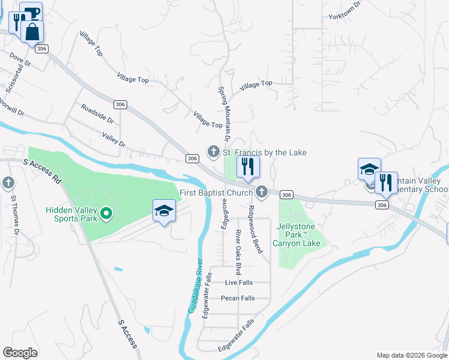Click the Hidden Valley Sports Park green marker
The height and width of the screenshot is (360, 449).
pyautogui.click(x=106, y=213)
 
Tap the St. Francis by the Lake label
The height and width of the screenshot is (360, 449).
pyautogui.click(x=265, y=152)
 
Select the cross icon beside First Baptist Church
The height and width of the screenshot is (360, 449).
pyautogui.click(x=261, y=193)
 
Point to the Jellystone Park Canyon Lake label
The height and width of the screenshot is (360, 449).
pyautogui.click(x=296, y=235)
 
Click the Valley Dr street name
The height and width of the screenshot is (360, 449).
pyautogui.click(x=113, y=140)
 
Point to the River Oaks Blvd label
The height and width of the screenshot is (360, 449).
pyautogui.click(x=238, y=248)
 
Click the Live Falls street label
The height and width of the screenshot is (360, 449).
pyautogui.click(x=239, y=282)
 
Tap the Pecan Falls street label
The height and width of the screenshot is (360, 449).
pyautogui.click(x=238, y=298)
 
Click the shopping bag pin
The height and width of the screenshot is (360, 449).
pyautogui.click(x=32, y=32)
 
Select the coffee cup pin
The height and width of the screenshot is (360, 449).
pyautogui.click(x=31, y=13)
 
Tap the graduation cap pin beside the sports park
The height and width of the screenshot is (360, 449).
pyautogui.click(x=164, y=211)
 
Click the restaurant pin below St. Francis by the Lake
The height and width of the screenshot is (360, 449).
pyautogui.click(x=248, y=166)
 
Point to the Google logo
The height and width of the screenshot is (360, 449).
pyautogui.click(x=20, y=353)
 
